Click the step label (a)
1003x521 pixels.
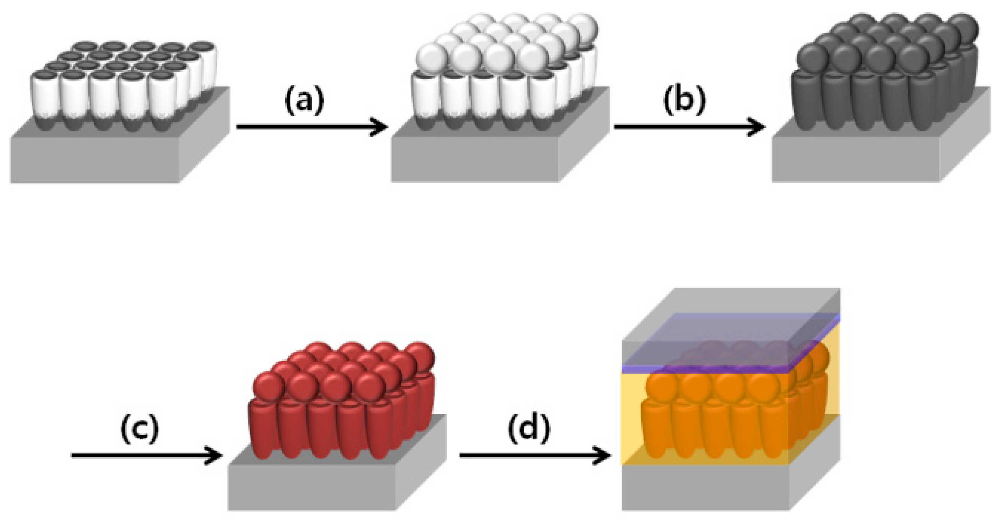(x=304, y=100)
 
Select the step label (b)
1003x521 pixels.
(x=684, y=100)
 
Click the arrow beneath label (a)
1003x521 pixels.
(x=312, y=127)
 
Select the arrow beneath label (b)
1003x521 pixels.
(x=689, y=127)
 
